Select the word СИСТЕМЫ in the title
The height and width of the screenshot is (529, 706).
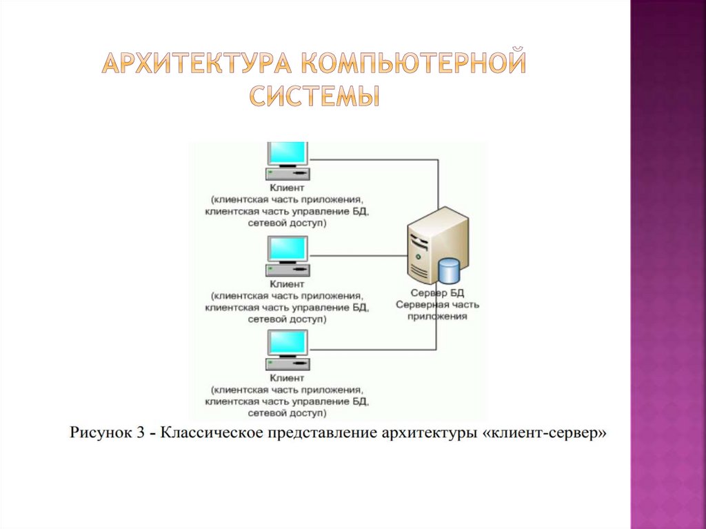coord(314,95)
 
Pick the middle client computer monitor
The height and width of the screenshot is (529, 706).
coord(288,249)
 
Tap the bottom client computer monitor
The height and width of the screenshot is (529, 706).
coord(288,343)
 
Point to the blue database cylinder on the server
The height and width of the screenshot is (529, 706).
coord(449,270)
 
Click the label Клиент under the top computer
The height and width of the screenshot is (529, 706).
coord(287,188)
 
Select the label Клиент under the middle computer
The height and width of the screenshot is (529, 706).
coord(287,283)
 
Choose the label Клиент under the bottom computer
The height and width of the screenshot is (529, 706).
coord(287,378)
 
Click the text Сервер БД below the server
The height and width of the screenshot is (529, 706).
coord(437,292)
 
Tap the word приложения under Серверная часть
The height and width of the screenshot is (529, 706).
coord(437,316)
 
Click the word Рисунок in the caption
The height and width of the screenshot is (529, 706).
coord(101,434)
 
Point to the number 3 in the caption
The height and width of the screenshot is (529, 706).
coord(140,434)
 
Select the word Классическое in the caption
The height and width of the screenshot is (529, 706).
coord(210,434)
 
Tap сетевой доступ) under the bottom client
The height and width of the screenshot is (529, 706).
coord(287,413)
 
